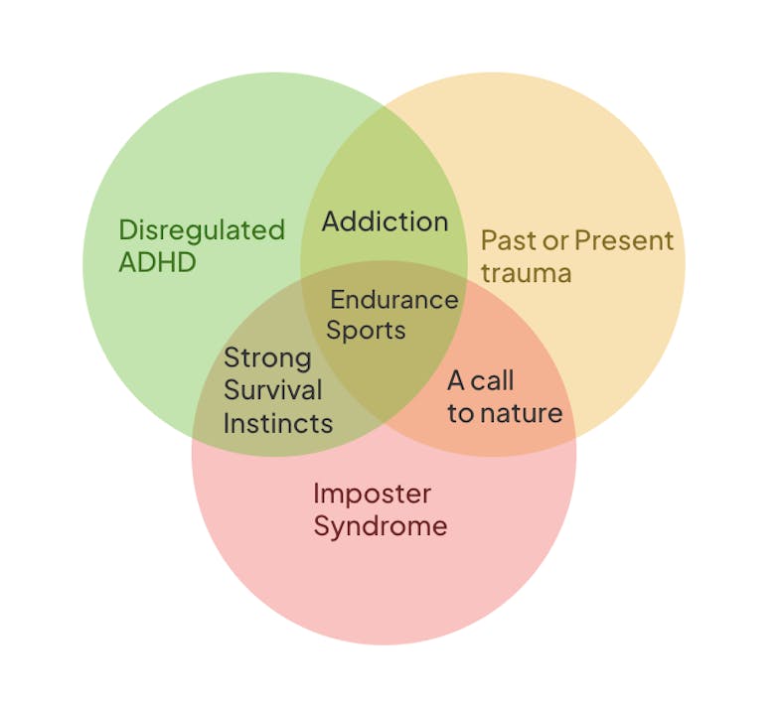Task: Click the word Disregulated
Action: pos(202,230)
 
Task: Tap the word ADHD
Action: pos(157,263)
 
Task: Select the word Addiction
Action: pos(385,221)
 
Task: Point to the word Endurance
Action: pos(394,299)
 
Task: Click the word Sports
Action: pos(366,331)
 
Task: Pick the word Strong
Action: pos(267,357)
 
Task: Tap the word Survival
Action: pos(272,390)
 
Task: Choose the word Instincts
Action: pos(277,423)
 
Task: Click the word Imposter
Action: pos(372,494)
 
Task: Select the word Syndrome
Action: pos(380,525)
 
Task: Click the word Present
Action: pos(624,240)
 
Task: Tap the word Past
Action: pos(505,240)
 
